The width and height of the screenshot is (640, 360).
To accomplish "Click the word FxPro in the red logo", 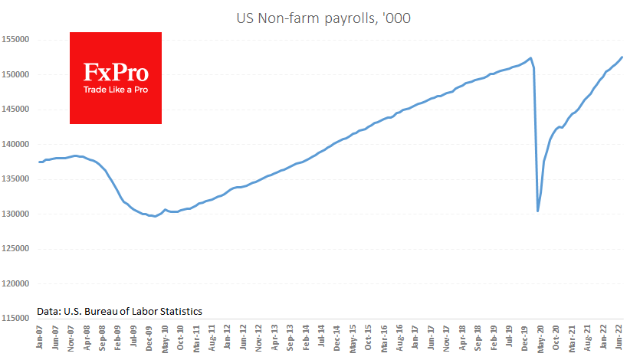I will click(116, 74).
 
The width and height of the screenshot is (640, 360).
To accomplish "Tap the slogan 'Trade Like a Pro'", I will click(116, 90).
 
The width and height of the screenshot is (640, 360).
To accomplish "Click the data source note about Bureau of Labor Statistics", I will click(120, 312).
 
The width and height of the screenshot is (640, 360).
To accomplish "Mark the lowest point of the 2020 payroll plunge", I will click(538, 211).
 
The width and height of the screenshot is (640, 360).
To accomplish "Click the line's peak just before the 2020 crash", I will click(530, 57).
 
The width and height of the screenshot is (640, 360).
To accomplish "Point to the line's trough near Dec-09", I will click(156, 217).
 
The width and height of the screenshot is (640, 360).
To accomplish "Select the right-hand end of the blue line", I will click(622, 57).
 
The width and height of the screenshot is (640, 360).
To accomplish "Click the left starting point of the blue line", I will click(39, 162).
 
